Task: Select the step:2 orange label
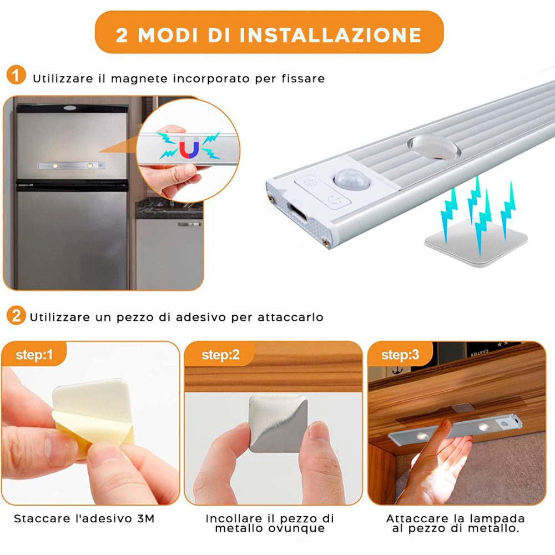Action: pyautogui.click(x=220, y=355)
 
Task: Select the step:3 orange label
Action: pyautogui.click(x=400, y=355)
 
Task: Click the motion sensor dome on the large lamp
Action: pyautogui.click(x=346, y=181)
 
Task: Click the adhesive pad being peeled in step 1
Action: pyautogui.click(x=94, y=411)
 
